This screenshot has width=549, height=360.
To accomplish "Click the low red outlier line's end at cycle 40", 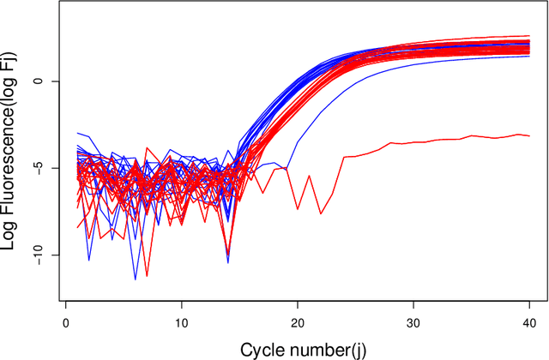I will pos(528,135).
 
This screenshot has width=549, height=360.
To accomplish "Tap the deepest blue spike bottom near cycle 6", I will pos(135,279).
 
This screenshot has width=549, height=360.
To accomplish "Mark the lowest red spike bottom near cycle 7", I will pos(147,276).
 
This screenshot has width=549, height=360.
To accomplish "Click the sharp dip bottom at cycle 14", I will pos(227,261).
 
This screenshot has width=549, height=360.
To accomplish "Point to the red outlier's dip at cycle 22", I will pos(320,213).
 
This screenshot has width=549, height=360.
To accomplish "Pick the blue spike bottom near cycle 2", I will pos(89,260).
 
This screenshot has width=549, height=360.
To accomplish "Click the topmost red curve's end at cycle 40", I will pos(528,36).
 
